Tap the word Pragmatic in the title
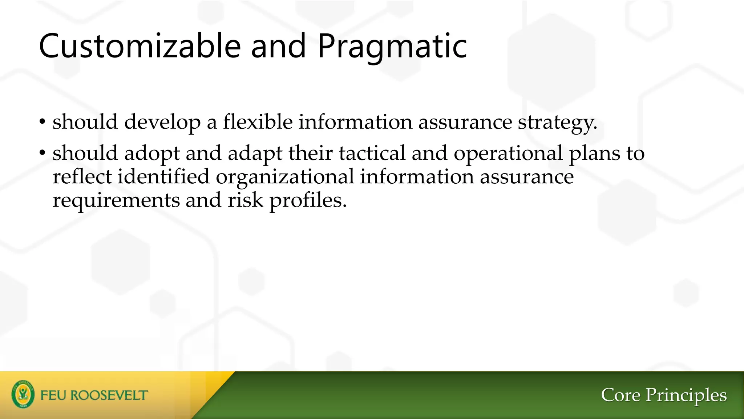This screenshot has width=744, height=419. click(x=392, y=46)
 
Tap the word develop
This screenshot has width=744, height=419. click(x=162, y=122)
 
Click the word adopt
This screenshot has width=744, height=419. click(x=152, y=153)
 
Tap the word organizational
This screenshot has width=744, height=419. click(x=285, y=177)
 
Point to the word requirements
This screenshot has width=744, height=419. click(x=116, y=200)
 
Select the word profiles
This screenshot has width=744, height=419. click(x=308, y=200)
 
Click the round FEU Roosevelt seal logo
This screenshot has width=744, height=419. click(x=23, y=394)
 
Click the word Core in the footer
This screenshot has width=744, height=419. click(x=620, y=395)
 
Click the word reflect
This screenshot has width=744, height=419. click(x=82, y=177)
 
